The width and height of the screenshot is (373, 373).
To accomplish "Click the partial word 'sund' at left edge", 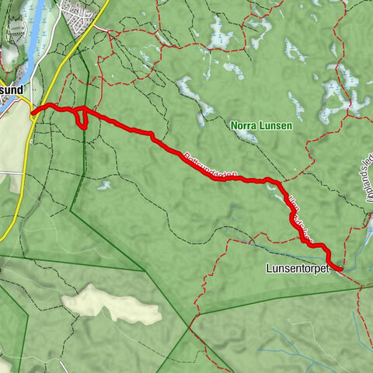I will pos(13,89).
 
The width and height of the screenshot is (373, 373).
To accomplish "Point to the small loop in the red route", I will pos(80,117).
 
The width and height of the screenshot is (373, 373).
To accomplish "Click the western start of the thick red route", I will pos(33,113).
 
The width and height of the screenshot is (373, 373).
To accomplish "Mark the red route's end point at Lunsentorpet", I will pos(340,268).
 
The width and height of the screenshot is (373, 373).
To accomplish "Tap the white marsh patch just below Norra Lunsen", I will pos(248,137).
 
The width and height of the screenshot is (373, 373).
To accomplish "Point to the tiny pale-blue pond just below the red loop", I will pos(103,185).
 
